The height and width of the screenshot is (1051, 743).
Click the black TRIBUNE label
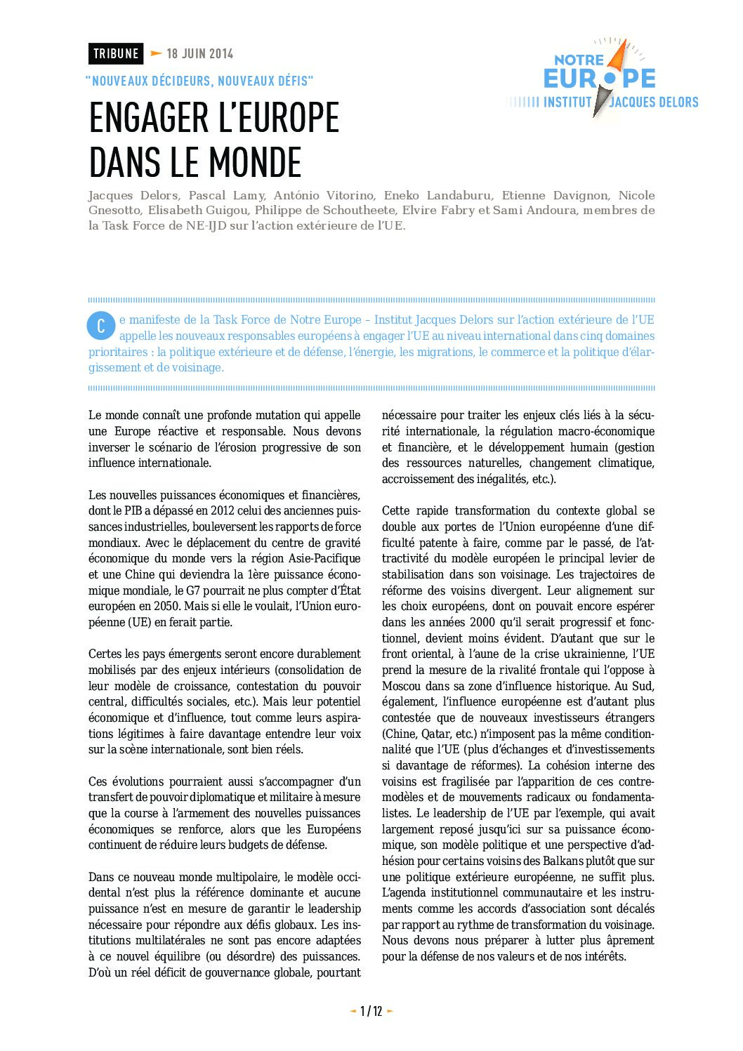[116, 53]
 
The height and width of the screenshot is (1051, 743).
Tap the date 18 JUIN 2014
[199, 53]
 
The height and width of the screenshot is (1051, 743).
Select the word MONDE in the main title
[255, 163]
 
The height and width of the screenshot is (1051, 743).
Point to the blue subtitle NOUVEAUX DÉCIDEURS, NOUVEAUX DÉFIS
[199, 81]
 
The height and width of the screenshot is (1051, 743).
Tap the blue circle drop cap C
[100, 325]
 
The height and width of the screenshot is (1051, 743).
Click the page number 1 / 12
[371, 1011]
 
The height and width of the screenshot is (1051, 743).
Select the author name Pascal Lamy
[226, 196]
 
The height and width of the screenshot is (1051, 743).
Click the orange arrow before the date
[156, 53]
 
